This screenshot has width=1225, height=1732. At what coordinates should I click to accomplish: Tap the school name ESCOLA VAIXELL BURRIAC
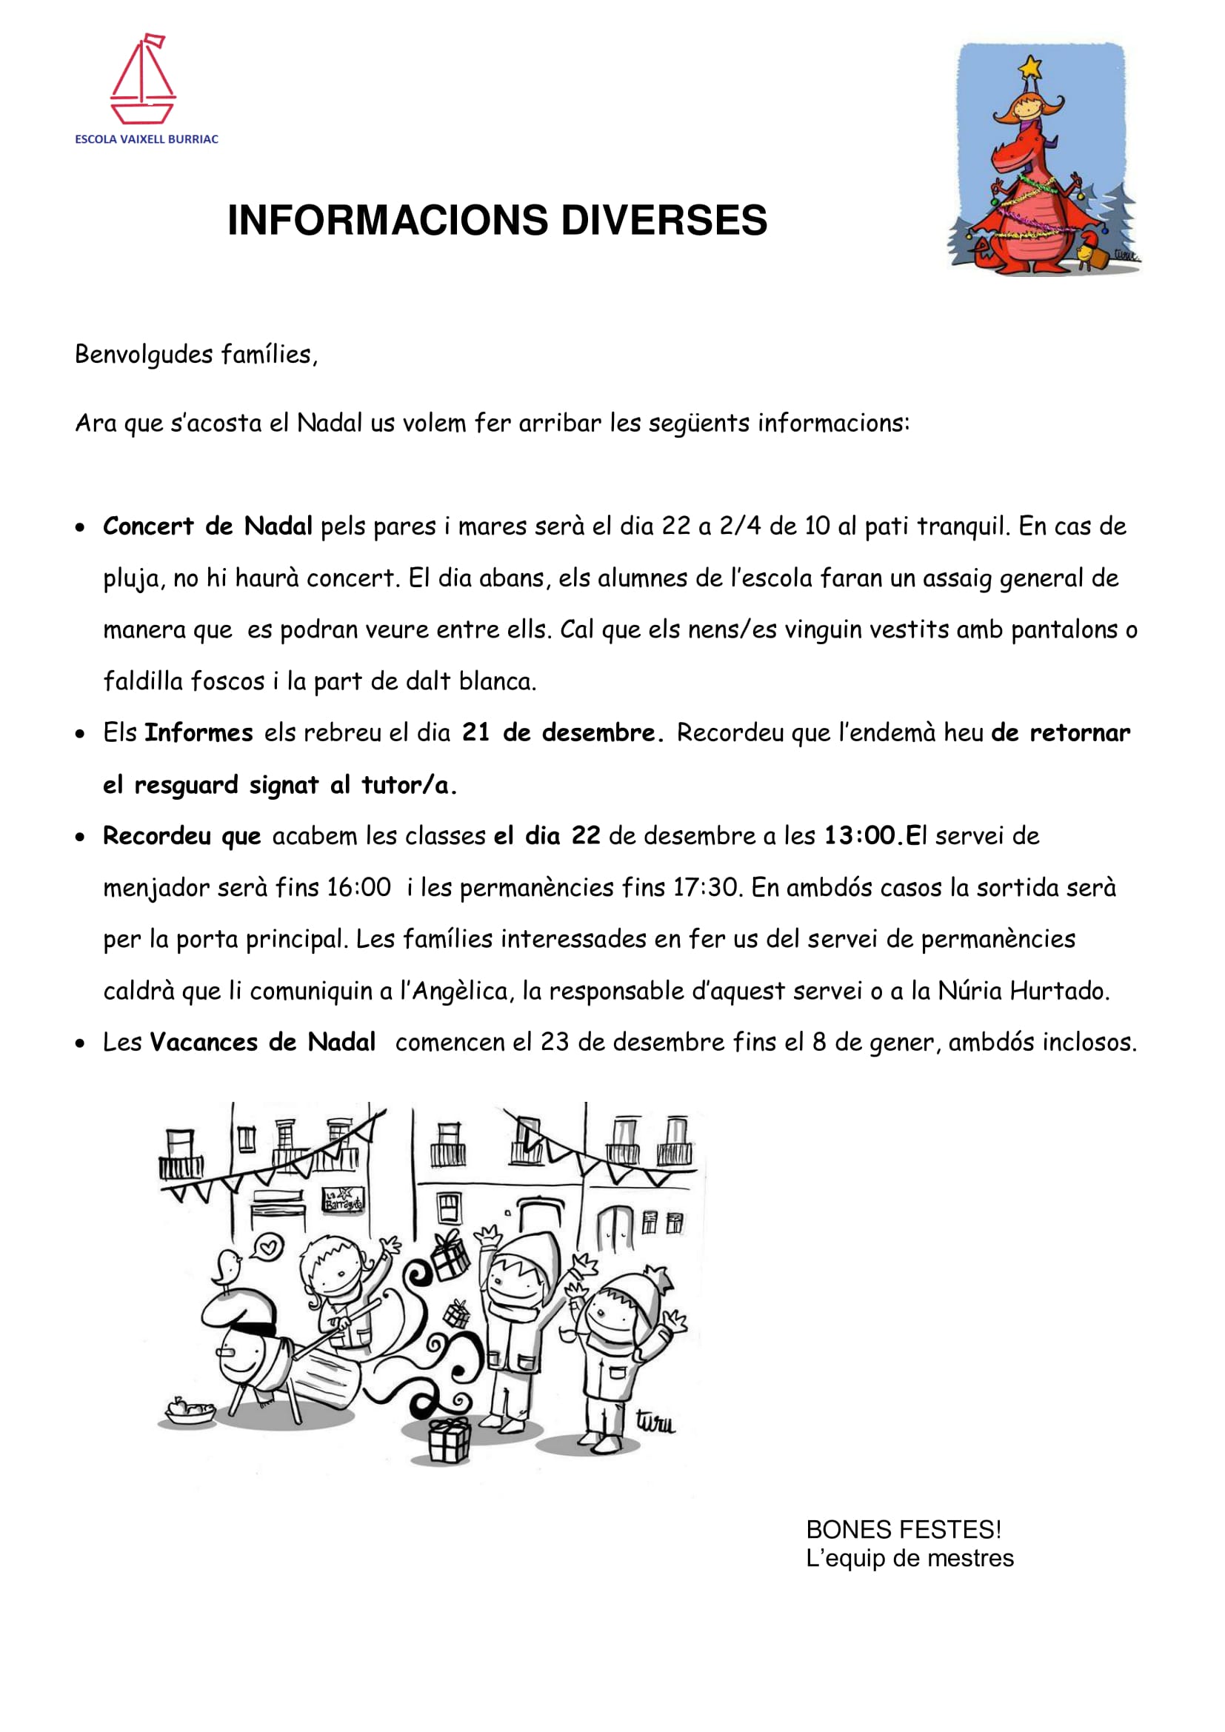point(147,139)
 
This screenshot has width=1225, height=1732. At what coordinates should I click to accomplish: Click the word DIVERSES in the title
point(664,220)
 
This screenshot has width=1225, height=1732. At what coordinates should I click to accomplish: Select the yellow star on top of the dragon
point(1029,69)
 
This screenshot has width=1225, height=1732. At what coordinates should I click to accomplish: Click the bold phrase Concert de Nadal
point(207,526)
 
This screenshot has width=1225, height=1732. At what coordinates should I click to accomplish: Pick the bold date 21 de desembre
point(562,733)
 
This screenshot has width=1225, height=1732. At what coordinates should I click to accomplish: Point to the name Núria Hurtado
point(1024,992)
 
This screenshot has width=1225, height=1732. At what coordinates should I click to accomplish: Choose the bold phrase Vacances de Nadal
point(262,1043)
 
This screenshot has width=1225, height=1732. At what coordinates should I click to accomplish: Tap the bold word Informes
point(198,733)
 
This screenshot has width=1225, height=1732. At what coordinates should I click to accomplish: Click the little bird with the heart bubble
point(227,1268)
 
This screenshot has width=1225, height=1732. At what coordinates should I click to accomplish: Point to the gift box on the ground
point(450,1439)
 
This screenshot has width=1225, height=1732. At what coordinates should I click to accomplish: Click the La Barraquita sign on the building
point(343,1199)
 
